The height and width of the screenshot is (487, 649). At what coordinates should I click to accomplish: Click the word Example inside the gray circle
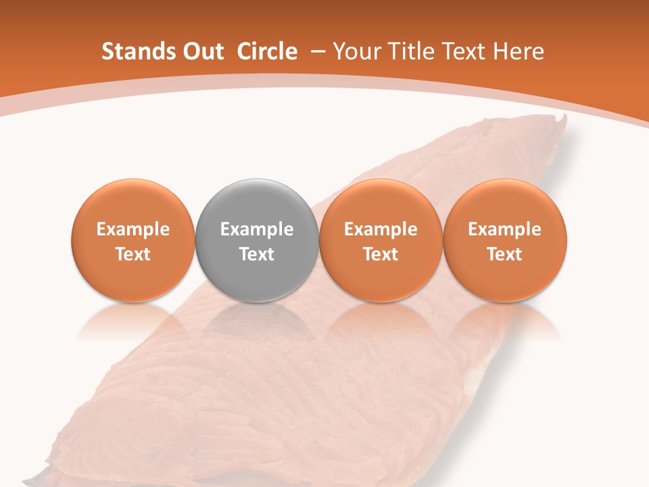coord(257,229)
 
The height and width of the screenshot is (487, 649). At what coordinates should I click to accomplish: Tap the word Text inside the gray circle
coord(257,254)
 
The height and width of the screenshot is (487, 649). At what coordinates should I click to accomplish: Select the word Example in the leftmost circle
coord(133,229)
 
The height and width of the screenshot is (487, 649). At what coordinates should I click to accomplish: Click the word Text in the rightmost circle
coord(505,254)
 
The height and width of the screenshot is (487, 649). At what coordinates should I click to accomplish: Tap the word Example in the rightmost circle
coord(505,229)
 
